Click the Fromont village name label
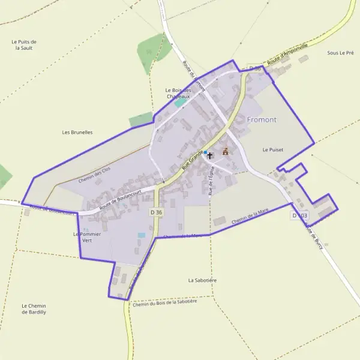click(x=262, y=119)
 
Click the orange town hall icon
click(x=226, y=152)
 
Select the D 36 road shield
click(x=157, y=212)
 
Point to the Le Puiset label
click(x=272, y=149)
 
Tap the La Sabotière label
click(x=202, y=280)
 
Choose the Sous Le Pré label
click(x=340, y=53)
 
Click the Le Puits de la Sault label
click(x=25, y=44)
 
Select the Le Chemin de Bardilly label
click(x=34, y=309)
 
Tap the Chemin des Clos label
click(x=95, y=175)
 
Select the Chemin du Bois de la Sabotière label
click(x=165, y=303)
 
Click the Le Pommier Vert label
click(x=86, y=236)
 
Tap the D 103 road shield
click(x=299, y=215)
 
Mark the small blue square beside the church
click(x=205, y=152)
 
